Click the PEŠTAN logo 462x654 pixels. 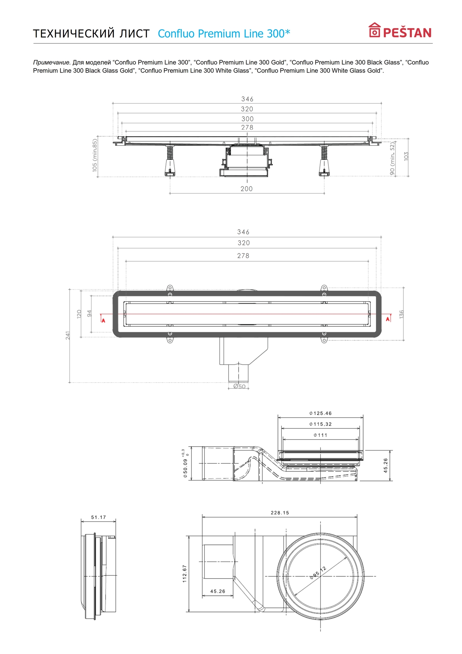[x=400, y=31]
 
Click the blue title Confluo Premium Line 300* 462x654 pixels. [x=224, y=34]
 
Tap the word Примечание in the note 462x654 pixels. [x=52, y=62]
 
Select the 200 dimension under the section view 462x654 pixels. [x=247, y=189]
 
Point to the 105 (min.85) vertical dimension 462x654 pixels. [x=95, y=155]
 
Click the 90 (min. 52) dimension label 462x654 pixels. [x=392, y=158]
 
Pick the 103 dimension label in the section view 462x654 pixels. [x=406, y=156]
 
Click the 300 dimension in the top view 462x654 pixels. [x=247, y=119]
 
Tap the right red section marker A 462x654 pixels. [x=388, y=319]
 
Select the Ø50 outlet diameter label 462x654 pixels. [x=239, y=387]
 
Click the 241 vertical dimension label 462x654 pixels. [x=68, y=335]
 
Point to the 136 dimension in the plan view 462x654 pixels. [x=402, y=314]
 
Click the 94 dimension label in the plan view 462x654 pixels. [x=89, y=314]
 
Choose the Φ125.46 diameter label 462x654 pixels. [x=320, y=413]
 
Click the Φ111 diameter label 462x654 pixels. [x=320, y=435]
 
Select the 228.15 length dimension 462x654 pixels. [x=280, y=513]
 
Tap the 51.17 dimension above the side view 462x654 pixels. [x=98, y=517]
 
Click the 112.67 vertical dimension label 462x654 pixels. [x=185, y=574]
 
